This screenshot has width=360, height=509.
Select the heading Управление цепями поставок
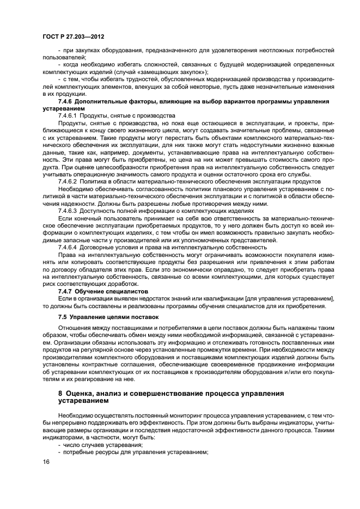tap(114, 316)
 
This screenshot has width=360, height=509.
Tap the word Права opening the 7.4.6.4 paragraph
tap(68, 254)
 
